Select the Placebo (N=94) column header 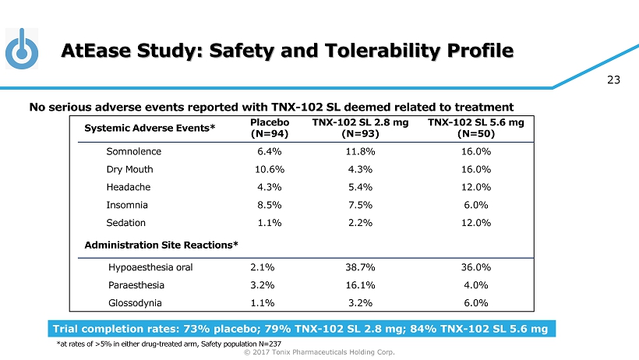(270, 128)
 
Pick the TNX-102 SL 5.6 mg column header (476, 128)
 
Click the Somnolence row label (133, 151)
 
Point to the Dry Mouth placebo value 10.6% (270, 169)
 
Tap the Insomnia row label (127, 205)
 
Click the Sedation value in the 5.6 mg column (476, 223)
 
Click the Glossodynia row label (137, 303)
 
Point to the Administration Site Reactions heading (161, 245)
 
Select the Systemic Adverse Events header (150, 128)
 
